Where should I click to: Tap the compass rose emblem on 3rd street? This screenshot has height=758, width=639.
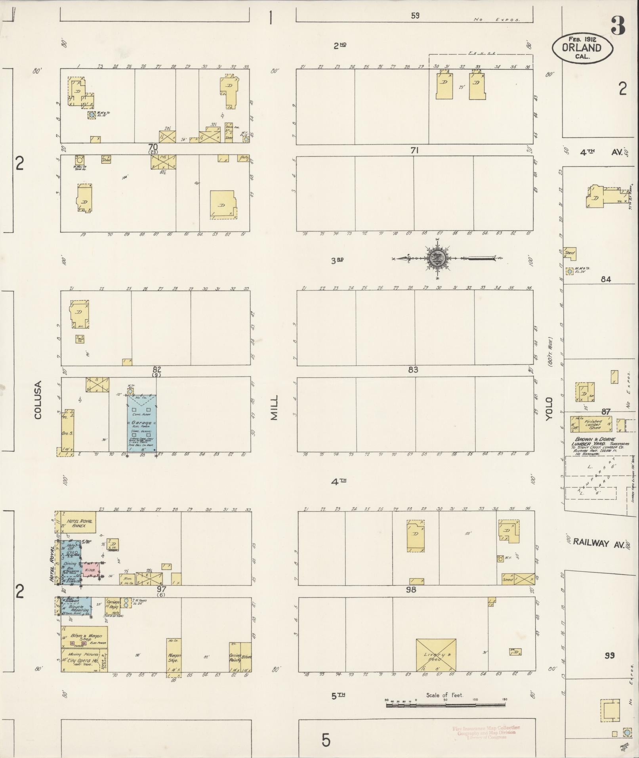[437, 258]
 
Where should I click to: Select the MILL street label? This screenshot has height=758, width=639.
[274, 407]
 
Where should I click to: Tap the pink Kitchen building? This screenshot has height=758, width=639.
[90, 570]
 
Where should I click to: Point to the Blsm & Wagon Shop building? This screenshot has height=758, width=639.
[84, 638]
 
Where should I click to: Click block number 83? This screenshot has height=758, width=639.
[413, 370]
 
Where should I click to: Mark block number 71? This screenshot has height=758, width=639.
[414, 150]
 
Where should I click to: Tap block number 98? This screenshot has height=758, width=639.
[411, 590]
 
